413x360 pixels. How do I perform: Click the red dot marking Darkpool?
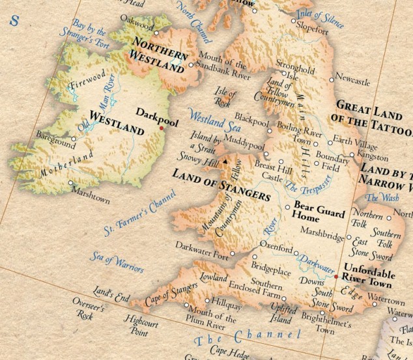coord(161,128)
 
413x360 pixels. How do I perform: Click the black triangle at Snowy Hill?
coord(225,159)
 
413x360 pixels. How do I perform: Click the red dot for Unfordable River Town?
coord(336,276)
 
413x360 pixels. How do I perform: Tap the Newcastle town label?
coord(354,82)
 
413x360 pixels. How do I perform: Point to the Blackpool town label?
coord(251,120)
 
